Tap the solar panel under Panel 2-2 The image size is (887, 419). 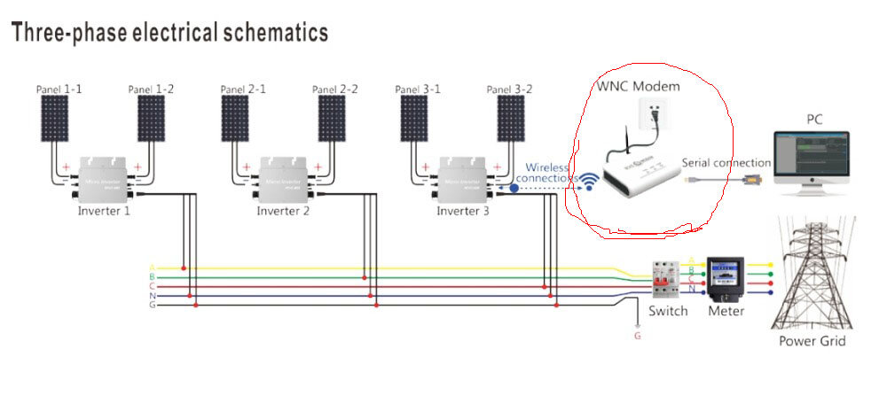332,119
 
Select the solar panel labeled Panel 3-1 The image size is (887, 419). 414,119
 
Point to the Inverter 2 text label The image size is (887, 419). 283,212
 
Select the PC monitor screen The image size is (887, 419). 811,156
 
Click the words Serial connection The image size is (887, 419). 726,163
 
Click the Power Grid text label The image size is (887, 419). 812,341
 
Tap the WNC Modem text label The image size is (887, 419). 639,86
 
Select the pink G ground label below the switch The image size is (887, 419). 637,336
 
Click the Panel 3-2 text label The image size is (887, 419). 509,89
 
